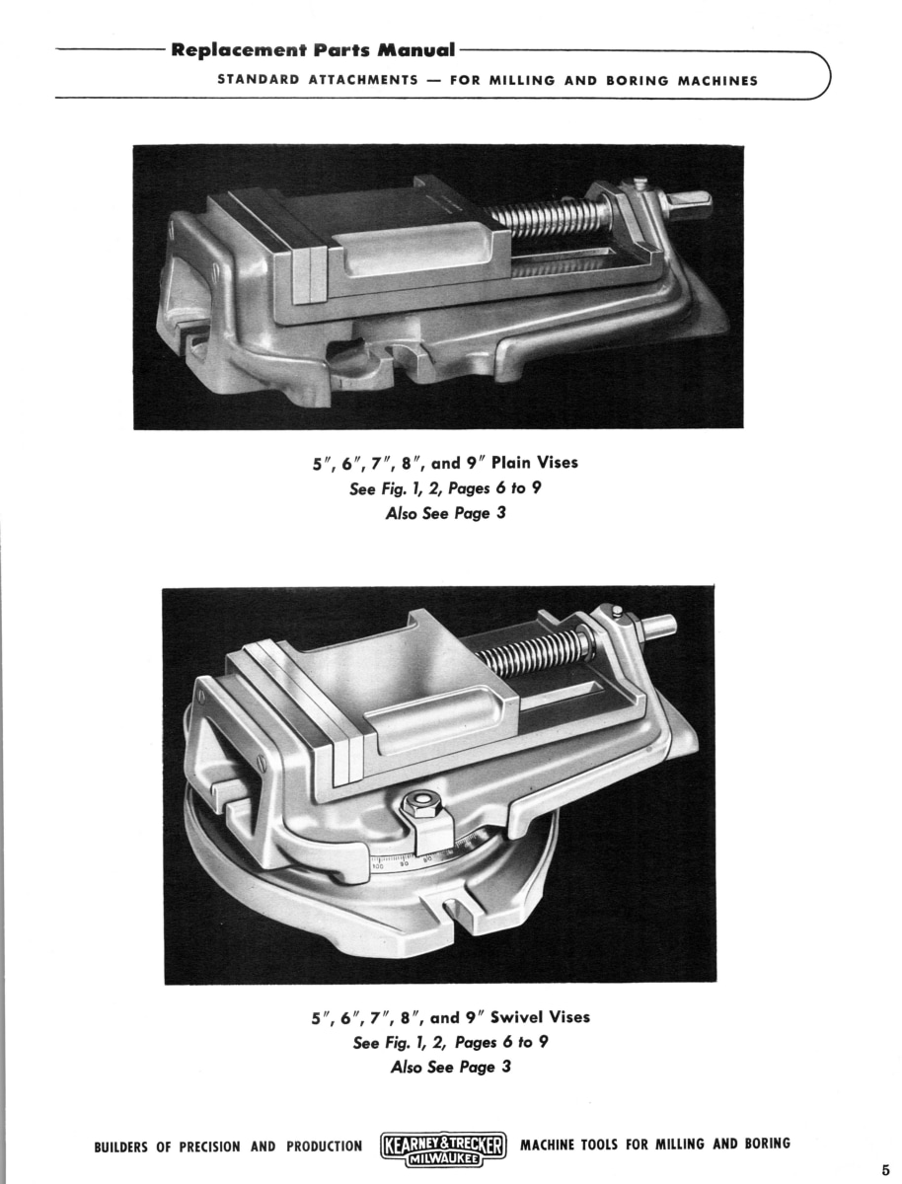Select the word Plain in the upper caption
click(x=510, y=463)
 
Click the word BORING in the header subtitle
click(x=638, y=80)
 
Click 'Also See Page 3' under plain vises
click(x=446, y=513)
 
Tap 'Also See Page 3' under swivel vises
click(x=450, y=1067)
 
